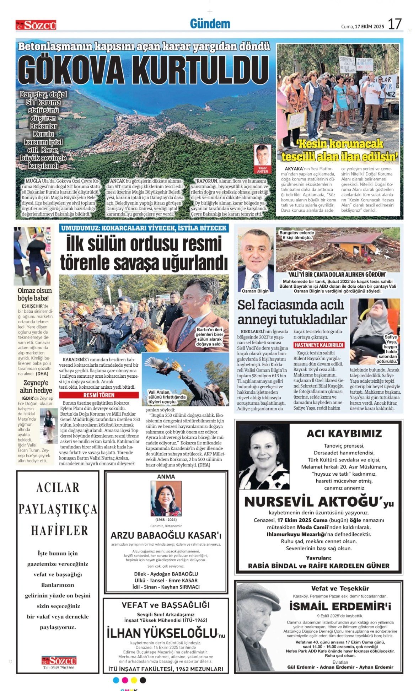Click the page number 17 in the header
(x=394, y=24)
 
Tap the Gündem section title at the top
(x=210, y=24)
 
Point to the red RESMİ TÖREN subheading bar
(x=99, y=395)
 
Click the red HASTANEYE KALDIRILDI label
(x=319, y=345)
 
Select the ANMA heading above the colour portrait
(x=166, y=476)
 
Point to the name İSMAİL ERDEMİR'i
(x=340, y=606)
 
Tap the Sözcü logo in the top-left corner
(x=36, y=25)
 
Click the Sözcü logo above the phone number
(x=59, y=660)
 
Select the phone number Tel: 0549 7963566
(x=59, y=668)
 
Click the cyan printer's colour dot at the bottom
(x=116, y=680)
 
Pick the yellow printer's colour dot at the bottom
(x=134, y=680)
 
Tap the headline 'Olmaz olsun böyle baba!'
(x=34, y=295)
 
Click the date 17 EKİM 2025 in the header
(x=369, y=27)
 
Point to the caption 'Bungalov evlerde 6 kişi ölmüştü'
(x=297, y=235)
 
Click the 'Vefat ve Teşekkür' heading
(x=340, y=588)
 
